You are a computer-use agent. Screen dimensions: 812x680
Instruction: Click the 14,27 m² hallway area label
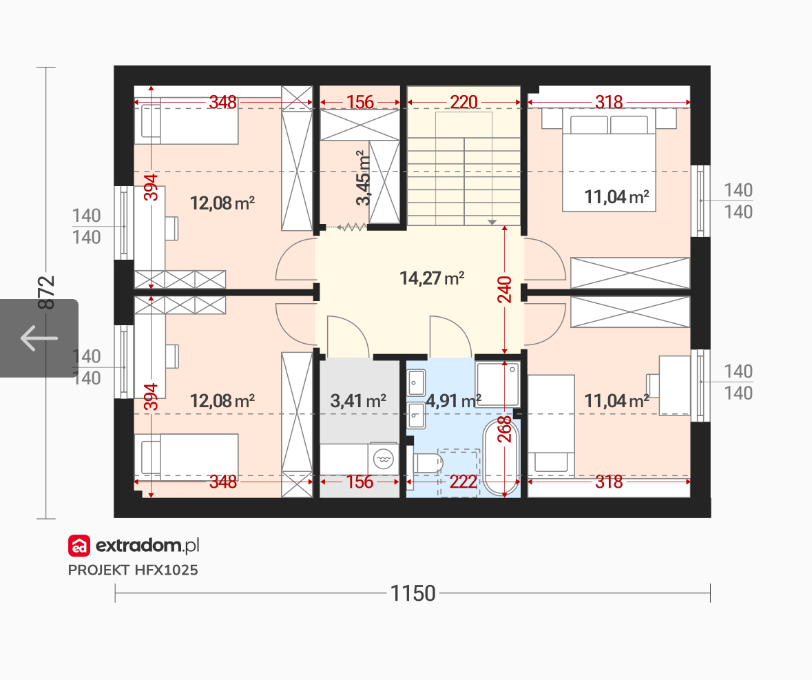pos(432,278)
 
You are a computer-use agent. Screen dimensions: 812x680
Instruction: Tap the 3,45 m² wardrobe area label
pos(364,178)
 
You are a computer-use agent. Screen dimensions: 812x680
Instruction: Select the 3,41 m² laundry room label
pos(358,400)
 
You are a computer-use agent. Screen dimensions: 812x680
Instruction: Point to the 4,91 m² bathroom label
pos(453,400)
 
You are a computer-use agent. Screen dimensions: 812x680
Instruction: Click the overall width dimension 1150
pos(413,593)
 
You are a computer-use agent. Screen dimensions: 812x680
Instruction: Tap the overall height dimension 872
pos(46,293)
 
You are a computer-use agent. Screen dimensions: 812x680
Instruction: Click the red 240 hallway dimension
pos(504,289)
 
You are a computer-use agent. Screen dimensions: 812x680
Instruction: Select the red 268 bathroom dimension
pos(504,429)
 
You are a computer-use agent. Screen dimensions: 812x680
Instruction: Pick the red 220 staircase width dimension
pos(464,102)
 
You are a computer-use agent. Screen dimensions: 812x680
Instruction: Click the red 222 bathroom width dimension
pos(463,482)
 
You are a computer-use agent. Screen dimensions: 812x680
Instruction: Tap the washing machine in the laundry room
pos(383,459)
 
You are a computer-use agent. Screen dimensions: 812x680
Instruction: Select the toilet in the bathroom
pos(426,463)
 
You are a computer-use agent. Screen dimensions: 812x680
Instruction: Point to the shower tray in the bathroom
pos(498,384)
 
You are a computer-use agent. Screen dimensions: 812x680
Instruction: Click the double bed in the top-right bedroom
pos(609,160)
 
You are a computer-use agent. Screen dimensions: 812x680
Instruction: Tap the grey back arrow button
pos(39,338)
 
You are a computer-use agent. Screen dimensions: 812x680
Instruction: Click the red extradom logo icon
pos(79,546)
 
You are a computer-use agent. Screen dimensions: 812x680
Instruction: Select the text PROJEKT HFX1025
pos(133,570)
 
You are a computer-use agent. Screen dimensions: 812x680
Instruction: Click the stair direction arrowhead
pos(492,222)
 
